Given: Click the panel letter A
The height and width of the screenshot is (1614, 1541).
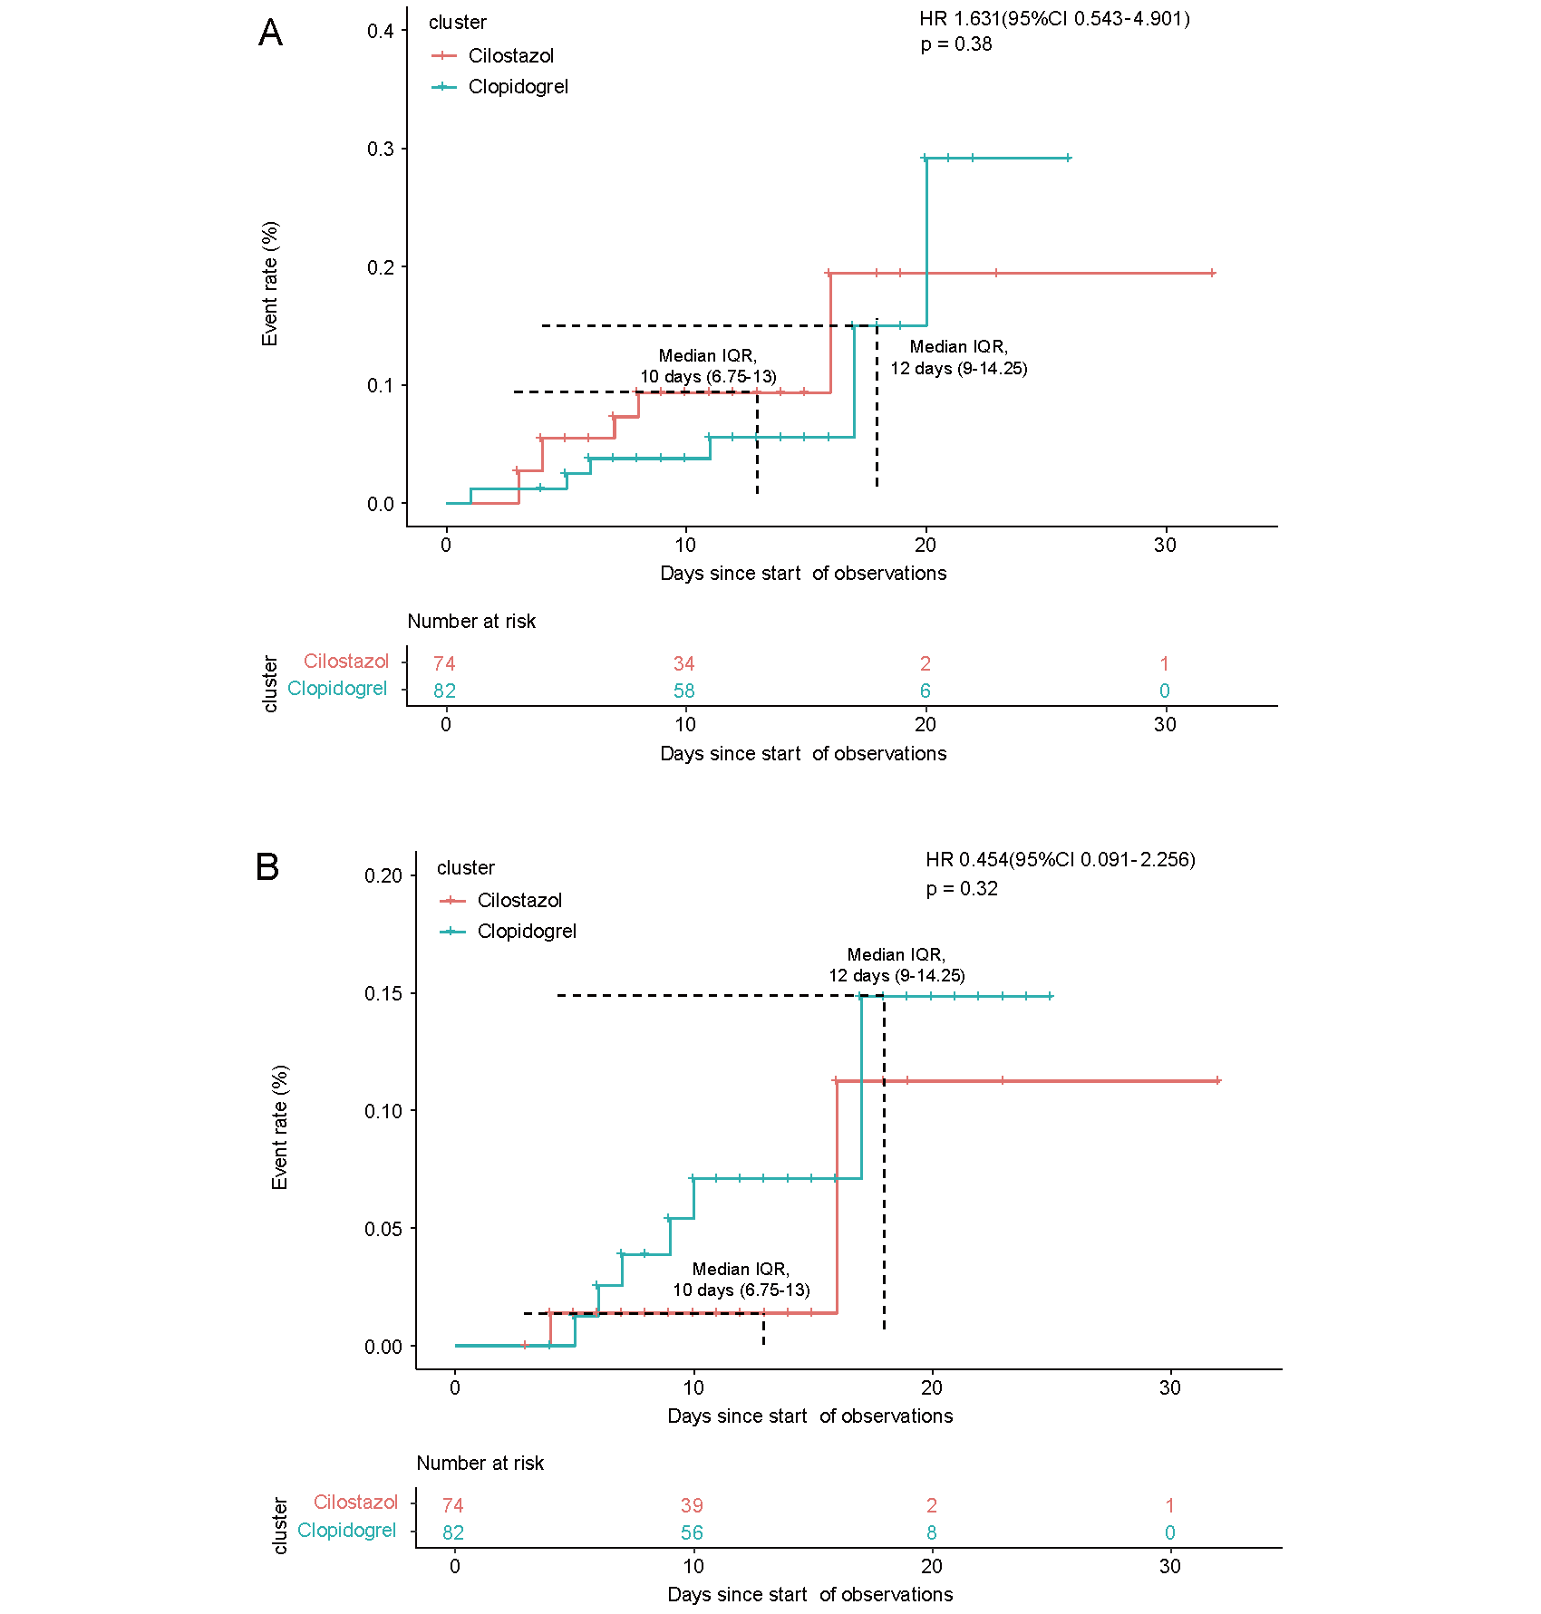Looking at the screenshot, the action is pos(270,33).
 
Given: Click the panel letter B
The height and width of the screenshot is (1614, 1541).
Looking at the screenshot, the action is pos(267,867).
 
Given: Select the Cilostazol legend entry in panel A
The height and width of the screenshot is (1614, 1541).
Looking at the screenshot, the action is pos(493,56).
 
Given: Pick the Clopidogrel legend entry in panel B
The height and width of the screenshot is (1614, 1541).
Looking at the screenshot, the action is pos(509,932).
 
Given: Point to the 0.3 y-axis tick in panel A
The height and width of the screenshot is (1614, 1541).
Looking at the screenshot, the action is pos(381,149).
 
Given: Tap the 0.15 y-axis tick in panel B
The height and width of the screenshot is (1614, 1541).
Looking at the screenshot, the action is pos(383,993).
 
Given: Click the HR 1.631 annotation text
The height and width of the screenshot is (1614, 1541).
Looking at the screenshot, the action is pos(1054,18).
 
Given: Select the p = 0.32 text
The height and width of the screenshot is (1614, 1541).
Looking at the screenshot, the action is pos(962,889).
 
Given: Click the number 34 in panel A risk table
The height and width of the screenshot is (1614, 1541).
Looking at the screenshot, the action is pos(684,664).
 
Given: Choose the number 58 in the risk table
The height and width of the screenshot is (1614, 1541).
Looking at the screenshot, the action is pos(684,691).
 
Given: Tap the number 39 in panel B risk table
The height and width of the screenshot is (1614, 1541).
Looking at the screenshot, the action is pos(692,1505).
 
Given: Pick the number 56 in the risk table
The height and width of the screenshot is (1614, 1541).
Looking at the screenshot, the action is pos(692,1532).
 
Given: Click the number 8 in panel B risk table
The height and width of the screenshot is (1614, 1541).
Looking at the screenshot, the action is pos(931,1532).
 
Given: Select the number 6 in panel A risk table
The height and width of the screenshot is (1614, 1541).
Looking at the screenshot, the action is pos(925,691).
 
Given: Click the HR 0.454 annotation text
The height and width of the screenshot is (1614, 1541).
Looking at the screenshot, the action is pos(1061,859).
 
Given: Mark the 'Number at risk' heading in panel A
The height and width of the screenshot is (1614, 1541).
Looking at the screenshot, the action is pos(471,622).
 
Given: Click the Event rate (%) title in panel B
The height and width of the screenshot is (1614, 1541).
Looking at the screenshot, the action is pos(280,1127).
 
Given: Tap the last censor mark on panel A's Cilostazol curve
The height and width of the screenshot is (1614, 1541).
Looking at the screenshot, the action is pos(1212,273).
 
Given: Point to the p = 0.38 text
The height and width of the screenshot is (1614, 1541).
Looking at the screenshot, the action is pos(956,44).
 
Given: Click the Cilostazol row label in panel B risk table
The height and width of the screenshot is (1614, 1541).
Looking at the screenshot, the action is pos(355,1503).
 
